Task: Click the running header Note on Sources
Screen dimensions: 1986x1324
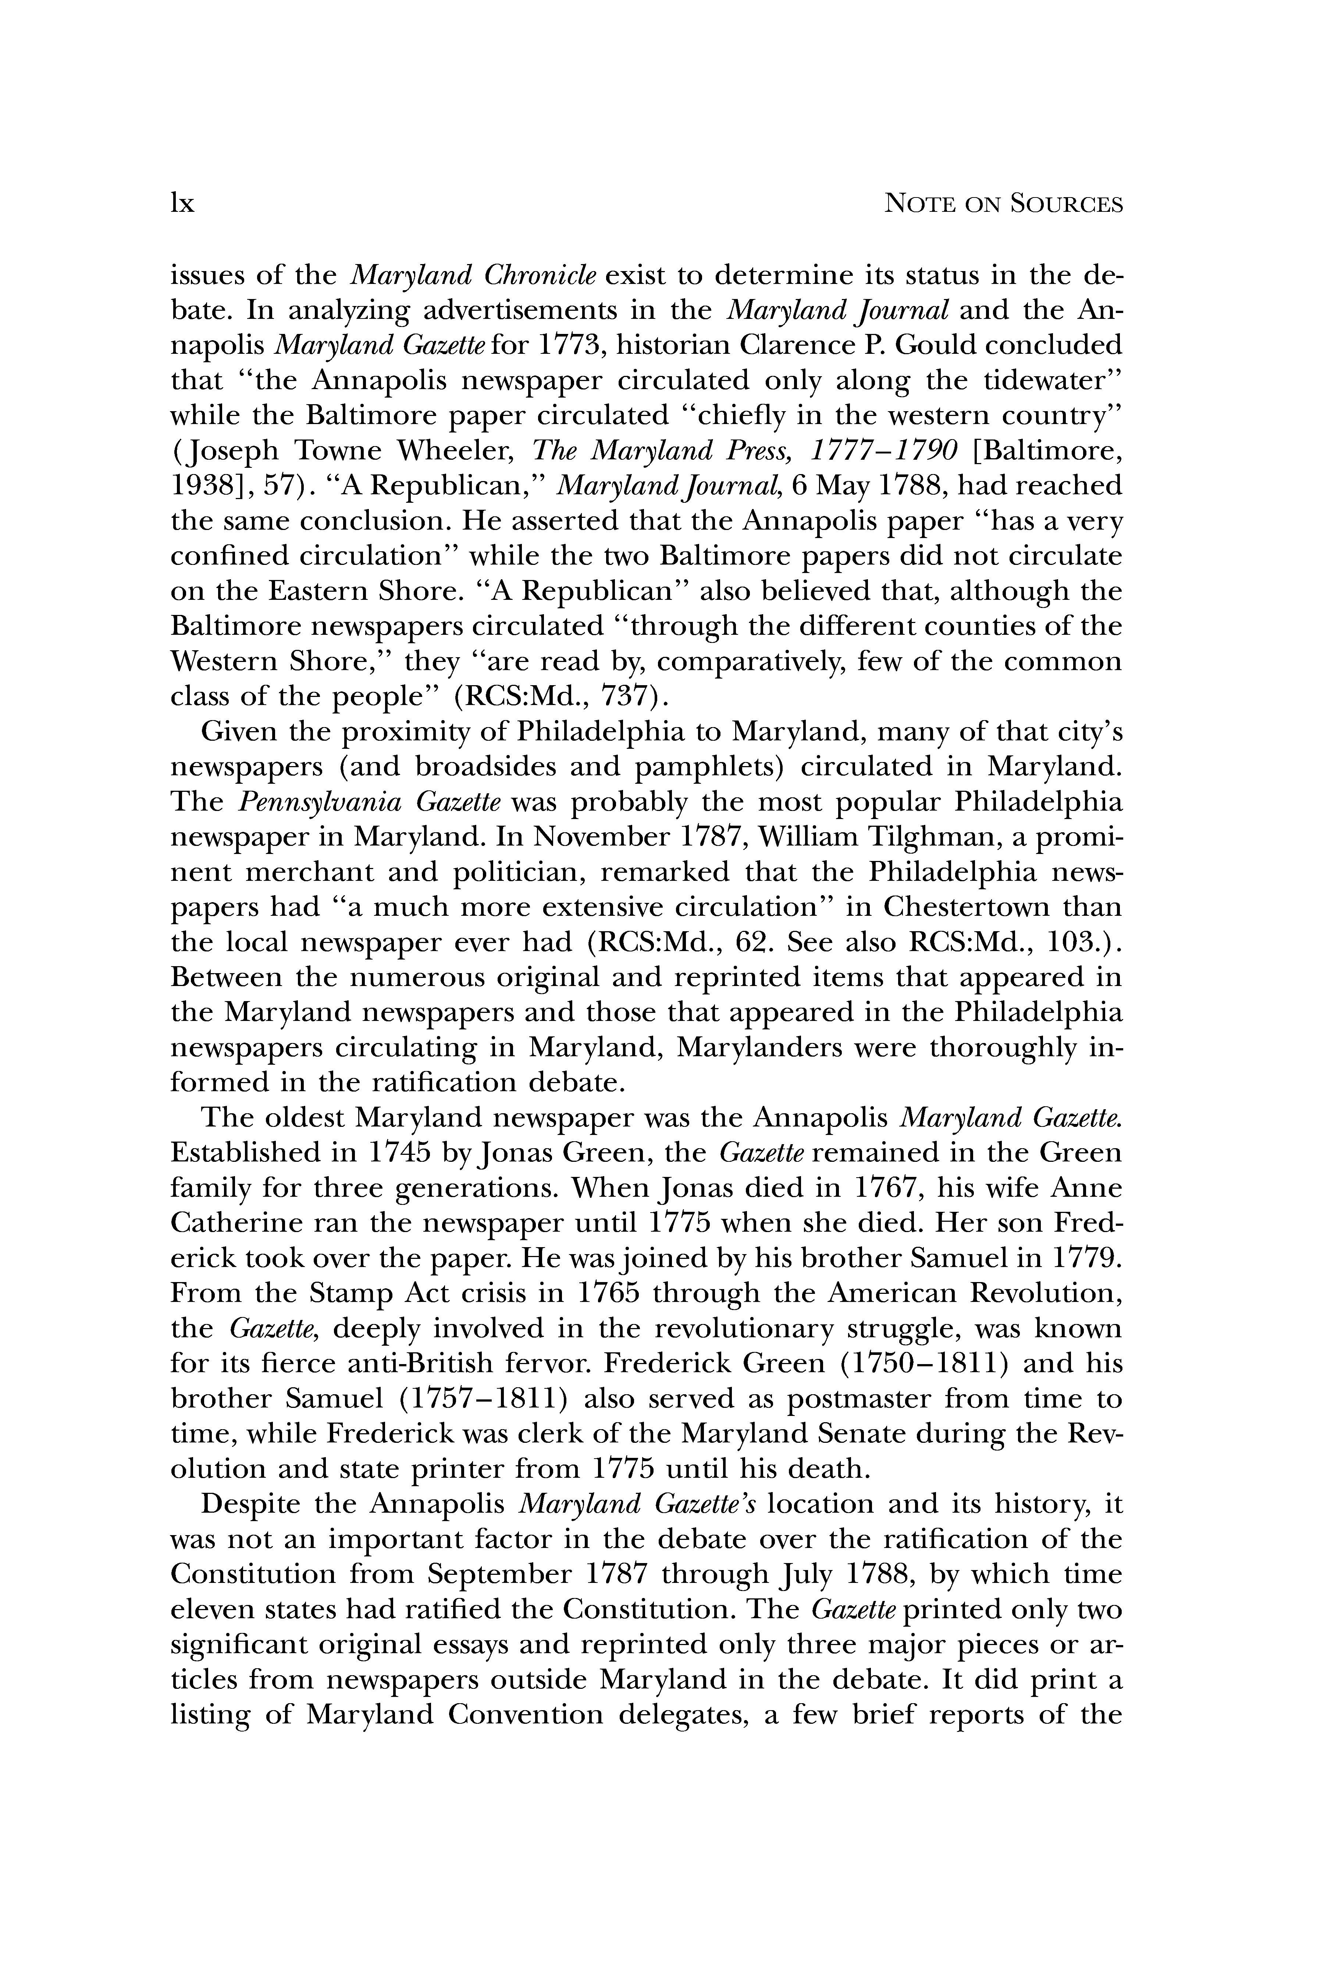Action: point(1002,204)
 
